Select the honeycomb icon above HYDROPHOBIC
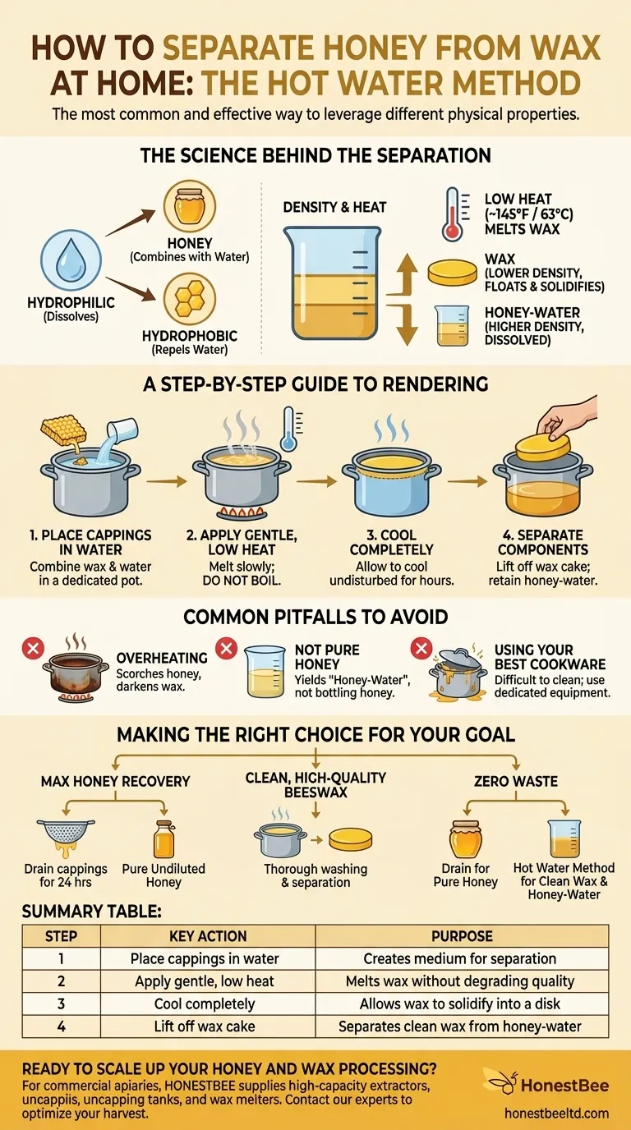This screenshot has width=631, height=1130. (x=190, y=300)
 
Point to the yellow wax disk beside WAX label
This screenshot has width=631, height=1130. (x=453, y=273)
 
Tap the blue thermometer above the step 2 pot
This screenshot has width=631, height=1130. (x=288, y=428)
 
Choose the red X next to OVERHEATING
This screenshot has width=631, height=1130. (x=33, y=649)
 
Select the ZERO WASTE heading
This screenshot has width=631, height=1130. (x=516, y=782)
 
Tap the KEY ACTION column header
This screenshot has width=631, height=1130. (x=207, y=936)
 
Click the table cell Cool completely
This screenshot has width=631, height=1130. (x=207, y=1004)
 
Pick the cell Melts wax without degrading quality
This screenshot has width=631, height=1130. (x=461, y=981)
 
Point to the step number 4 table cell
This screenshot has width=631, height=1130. (x=62, y=1026)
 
